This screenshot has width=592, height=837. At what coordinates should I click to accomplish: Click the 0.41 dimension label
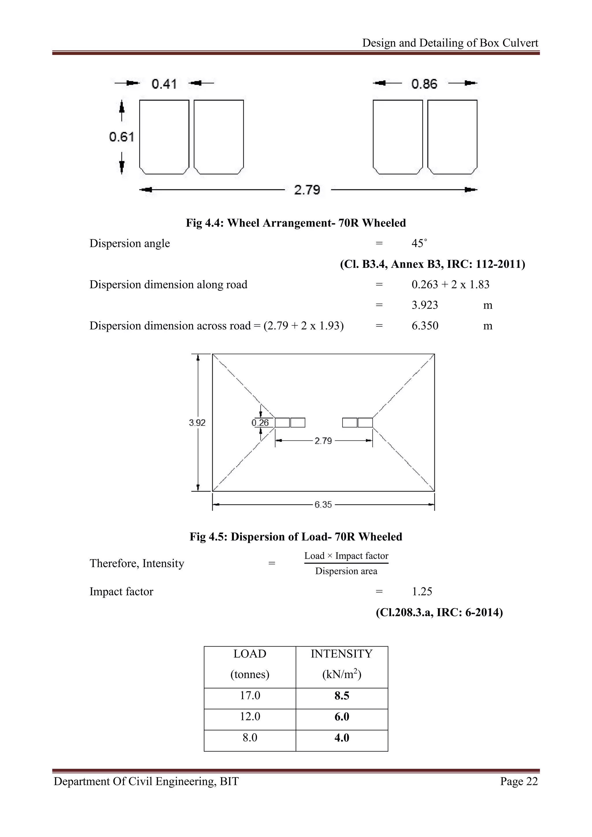coord(164,84)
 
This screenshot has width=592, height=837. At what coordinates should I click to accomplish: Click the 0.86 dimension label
coord(424,84)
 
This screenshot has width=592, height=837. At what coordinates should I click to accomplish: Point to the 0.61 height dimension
coord(121,137)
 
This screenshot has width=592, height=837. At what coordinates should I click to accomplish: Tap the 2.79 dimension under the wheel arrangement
coord(307,190)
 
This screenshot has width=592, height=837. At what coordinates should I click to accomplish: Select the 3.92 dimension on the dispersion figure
coord(197,423)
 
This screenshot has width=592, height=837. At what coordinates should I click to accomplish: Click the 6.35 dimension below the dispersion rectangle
coord(323,505)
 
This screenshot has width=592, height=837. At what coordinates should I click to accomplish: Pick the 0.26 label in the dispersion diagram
coord(260,423)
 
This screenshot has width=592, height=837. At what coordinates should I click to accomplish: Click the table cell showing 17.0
coord(250,696)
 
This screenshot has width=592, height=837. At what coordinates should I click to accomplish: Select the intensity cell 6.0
coord(342,717)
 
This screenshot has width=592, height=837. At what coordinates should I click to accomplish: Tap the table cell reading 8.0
coord(250,738)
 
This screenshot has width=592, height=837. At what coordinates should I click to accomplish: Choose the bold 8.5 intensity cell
coord(342,696)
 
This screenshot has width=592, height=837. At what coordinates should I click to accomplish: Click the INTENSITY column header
coord(342,654)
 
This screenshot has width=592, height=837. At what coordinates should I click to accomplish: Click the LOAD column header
coord(250,654)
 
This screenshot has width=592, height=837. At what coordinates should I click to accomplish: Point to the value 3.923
coord(425,305)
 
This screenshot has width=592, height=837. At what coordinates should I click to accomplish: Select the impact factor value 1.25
coord(422,592)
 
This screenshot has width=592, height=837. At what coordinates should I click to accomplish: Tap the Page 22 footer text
coord(519,781)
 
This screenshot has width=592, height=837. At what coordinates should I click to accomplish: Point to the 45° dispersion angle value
coord(419,244)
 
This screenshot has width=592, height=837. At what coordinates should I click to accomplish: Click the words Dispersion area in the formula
coord(346,571)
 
